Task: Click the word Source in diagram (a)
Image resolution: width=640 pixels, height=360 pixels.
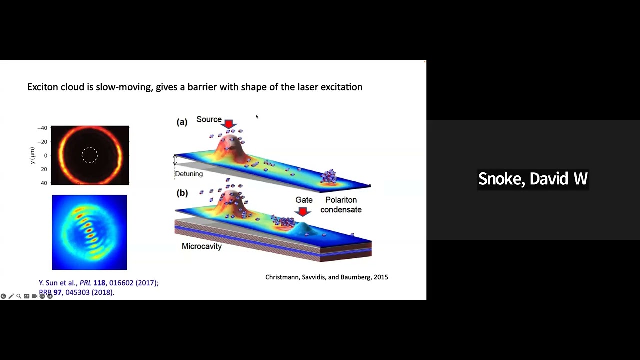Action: pos(209,119)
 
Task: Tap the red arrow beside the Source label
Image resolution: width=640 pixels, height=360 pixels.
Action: pos(229,124)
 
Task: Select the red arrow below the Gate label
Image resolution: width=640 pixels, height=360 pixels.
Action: pos(302,212)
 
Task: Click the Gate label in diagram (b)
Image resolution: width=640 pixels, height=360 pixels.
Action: pos(304,200)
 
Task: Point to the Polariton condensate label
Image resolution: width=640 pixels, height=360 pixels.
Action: pos(341,205)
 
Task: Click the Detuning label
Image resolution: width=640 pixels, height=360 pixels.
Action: pos(189,174)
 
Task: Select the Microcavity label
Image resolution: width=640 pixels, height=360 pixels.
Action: pos(201,246)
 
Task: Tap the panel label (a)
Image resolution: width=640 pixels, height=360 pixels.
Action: pos(182,122)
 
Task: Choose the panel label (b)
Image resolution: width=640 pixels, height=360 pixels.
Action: pos(182,193)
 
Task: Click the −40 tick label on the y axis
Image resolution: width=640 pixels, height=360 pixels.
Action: pos(42,128)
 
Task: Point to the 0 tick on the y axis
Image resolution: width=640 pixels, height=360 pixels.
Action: pos(45,156)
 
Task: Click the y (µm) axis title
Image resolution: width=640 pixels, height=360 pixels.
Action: pos(32,155)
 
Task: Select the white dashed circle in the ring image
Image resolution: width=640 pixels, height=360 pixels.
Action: pos(90,155)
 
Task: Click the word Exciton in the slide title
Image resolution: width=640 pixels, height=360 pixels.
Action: pos(43,87)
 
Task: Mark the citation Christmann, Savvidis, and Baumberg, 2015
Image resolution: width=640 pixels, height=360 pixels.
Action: pos(326,277)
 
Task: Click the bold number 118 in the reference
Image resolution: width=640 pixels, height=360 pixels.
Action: pos(99,283)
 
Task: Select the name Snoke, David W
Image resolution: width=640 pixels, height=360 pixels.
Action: pos(532,179)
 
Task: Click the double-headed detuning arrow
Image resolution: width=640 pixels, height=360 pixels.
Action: pos(175,160)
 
